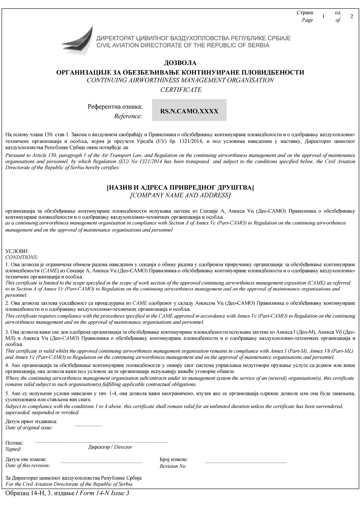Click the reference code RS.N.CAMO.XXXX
point(189,111)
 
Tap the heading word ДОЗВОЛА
point(180,63)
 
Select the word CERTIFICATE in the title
point(181,90)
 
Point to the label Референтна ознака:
point(115,107)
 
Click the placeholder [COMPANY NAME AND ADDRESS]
point(180,195)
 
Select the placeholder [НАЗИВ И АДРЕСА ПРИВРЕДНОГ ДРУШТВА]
point(180,188)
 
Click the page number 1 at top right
point(323,16)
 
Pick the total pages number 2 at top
point(352,16)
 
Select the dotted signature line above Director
point(101,442)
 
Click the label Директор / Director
point(110,447)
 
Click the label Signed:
point(13,449)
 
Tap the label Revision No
point(172,466)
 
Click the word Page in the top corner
point(307,20)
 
